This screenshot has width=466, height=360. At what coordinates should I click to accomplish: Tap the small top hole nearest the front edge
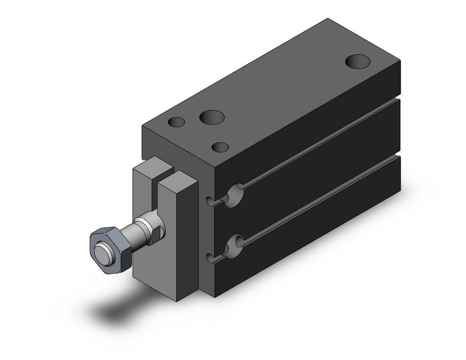point(220,147)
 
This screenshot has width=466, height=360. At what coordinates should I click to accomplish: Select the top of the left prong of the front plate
point(150,165)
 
